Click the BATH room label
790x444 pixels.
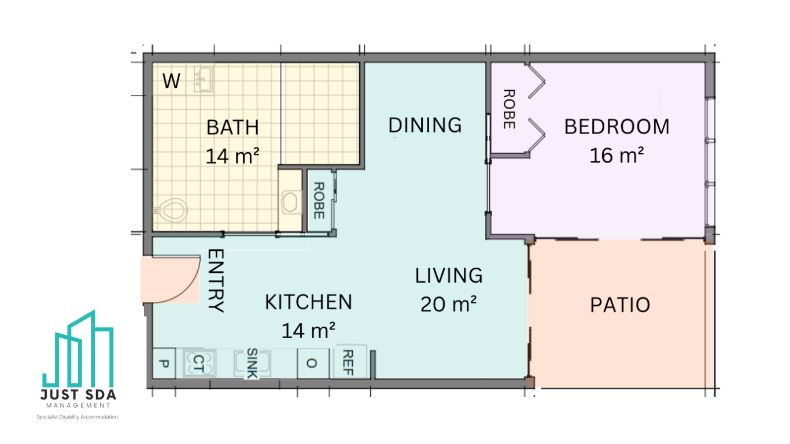[x=232, y=127]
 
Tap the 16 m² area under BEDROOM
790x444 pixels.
[x=617, y=155]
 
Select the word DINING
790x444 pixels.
[x=425, y=125]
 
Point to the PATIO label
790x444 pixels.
[x=620, y=305]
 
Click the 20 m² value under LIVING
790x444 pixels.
[x=449, y=304]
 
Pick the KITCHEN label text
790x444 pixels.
[x=309, y=302]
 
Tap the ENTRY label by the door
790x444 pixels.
[x=216, y=281]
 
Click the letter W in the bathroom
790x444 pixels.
[x=171, y=81]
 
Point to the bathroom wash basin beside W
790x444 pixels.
[x=204, y=79]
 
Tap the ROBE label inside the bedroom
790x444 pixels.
[x=509, y=109]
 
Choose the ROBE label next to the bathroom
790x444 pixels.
[x=319, y=201]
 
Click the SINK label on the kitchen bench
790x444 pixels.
[x=252, y=363]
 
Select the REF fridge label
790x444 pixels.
[x=348, y=362]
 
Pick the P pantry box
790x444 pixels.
[x=164, y=364]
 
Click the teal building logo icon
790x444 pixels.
[x=78, y=349]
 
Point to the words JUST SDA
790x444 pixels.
[x=78, y=395]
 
